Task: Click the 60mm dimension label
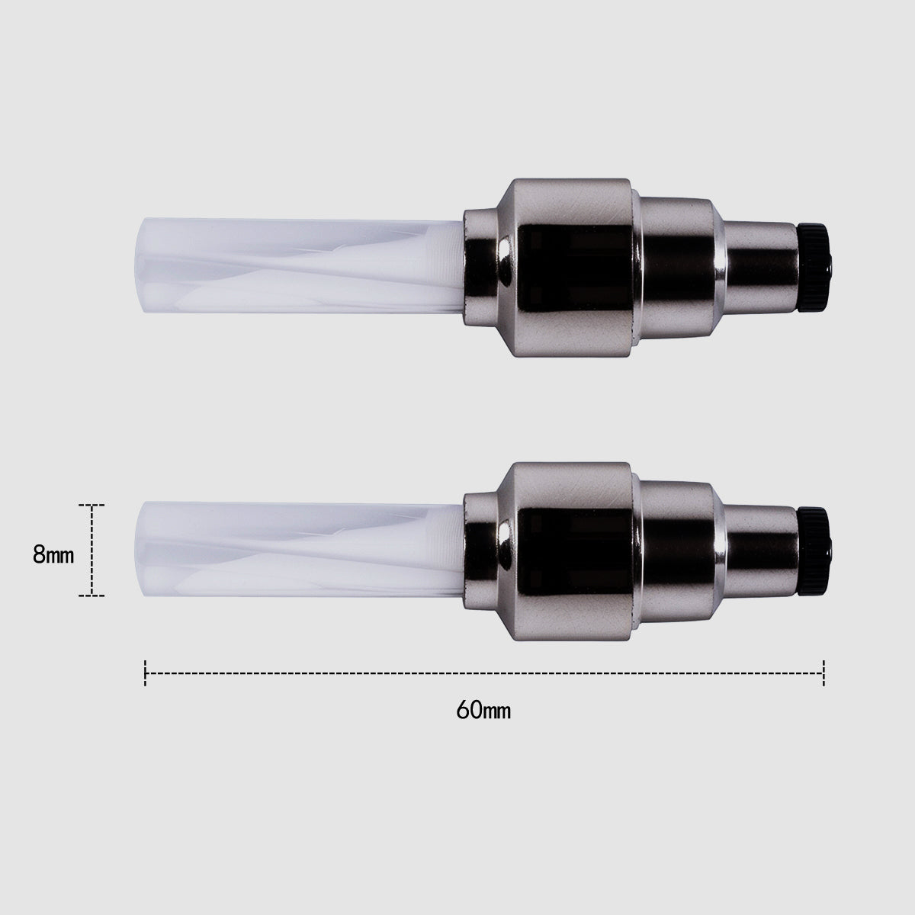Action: click(483, 711)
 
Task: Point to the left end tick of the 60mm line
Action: click(146, 673)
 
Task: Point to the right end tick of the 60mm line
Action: click(824, 673)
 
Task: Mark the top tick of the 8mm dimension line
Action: click(92, 505)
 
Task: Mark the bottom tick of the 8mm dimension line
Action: click(92, 596)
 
